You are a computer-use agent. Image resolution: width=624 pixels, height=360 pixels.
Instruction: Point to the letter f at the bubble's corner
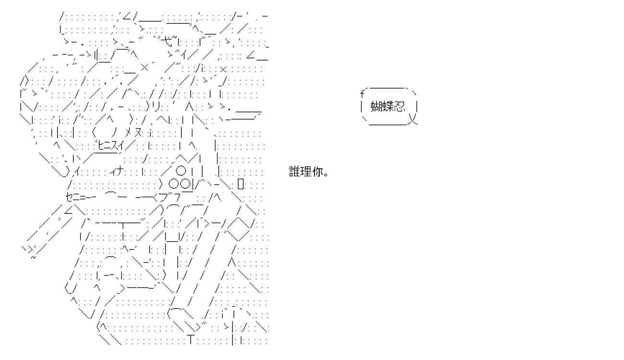pos(362,95)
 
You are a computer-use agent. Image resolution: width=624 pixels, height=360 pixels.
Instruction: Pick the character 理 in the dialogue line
pos(306,171)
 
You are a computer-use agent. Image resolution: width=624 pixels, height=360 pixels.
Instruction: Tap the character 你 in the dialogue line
pos(317,171)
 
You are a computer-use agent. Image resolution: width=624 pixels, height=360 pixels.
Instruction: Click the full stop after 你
pos(326,174)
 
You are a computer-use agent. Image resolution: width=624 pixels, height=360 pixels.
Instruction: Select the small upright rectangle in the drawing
pos(241,184)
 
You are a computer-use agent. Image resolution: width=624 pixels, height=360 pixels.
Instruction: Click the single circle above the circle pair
pos(180,171)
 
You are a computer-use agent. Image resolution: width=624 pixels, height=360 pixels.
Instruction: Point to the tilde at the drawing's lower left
pos(33,257)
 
